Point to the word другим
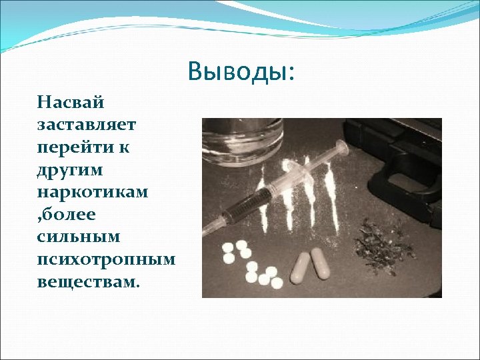coord(71,170)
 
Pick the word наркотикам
coord(93,192)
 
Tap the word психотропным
coord(106,259)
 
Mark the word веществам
coord(87,281)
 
